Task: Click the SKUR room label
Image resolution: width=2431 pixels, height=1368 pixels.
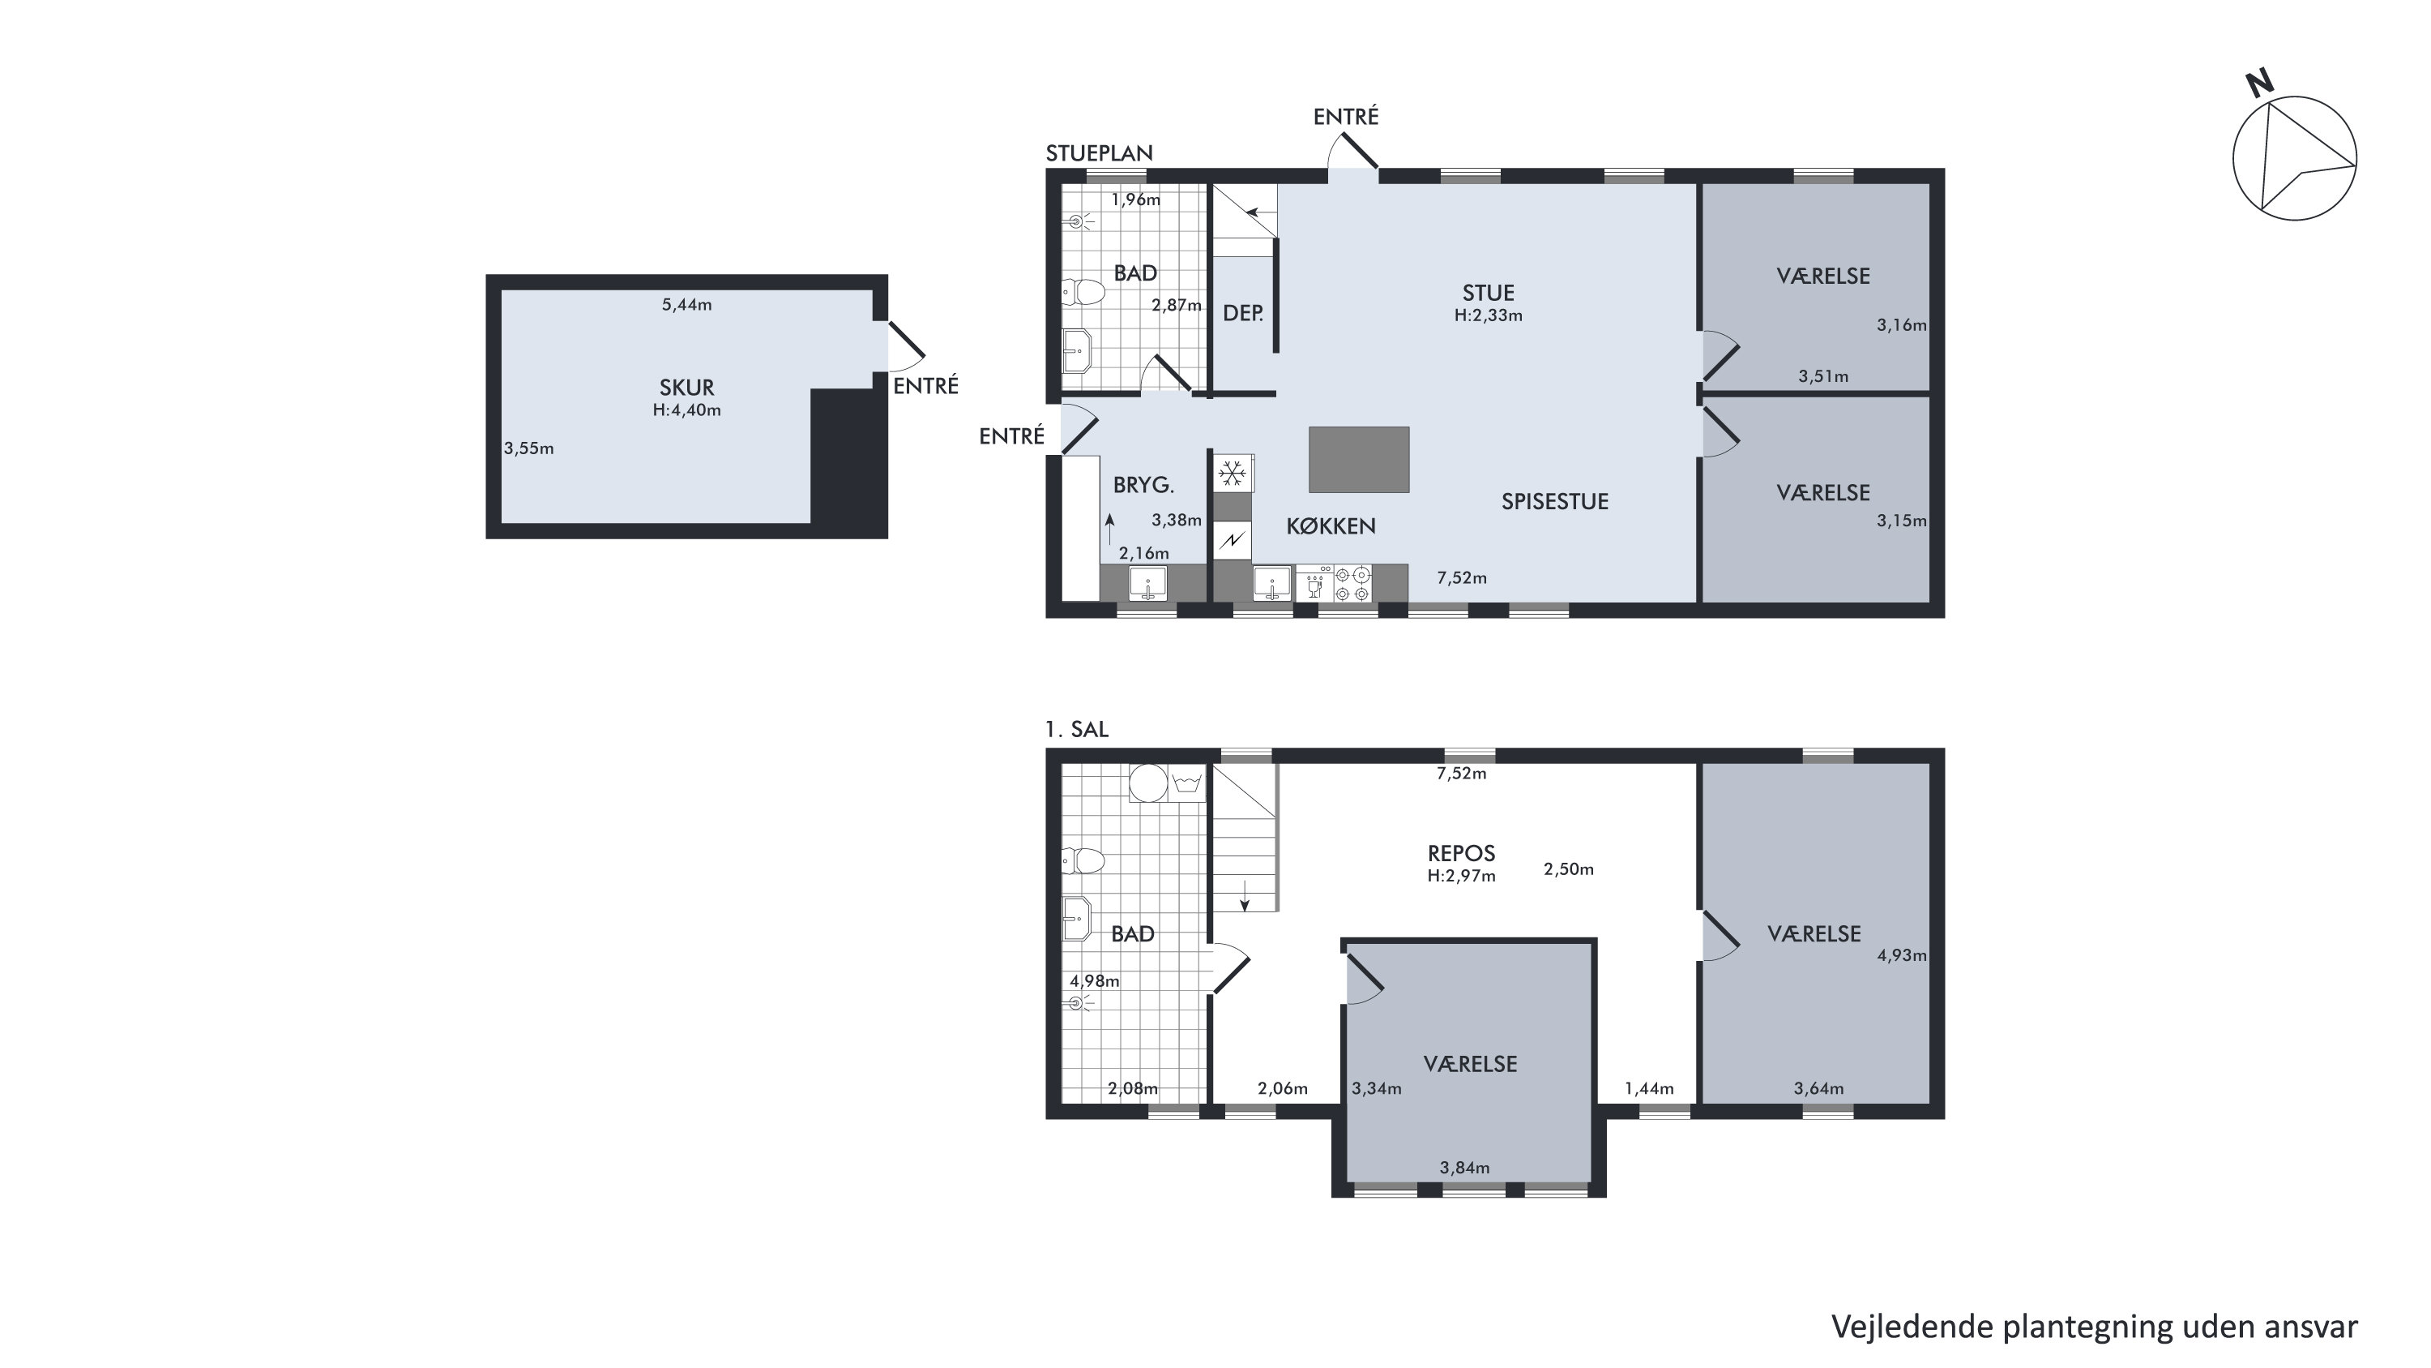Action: point(686,387)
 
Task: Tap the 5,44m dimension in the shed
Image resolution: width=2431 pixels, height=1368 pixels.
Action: point(686,305)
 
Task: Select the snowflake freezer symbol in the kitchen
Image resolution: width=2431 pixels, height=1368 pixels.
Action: point(1231,473)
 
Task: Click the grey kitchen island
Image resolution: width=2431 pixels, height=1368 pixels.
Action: point(1358,460)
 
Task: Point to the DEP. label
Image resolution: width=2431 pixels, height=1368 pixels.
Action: point(1243,314)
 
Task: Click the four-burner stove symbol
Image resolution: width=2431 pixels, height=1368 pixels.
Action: point(1352,584)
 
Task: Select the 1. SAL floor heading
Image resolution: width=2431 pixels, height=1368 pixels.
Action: point(1077,730)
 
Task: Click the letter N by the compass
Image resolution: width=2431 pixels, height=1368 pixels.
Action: point(2258,84)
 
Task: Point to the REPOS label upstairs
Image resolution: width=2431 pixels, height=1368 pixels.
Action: point(1461,853)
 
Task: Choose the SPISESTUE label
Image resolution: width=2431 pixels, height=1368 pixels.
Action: point(1554,501)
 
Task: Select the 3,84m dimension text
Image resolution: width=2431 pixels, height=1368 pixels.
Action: point(1464,1168)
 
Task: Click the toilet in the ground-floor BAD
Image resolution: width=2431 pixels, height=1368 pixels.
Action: point(1083,292)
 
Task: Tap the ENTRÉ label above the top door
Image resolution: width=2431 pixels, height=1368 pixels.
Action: point(1346,116)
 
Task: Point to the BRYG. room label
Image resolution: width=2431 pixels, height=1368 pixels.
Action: point(1143,485)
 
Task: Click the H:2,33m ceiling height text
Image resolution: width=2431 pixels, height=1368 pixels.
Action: point(1489,315)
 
